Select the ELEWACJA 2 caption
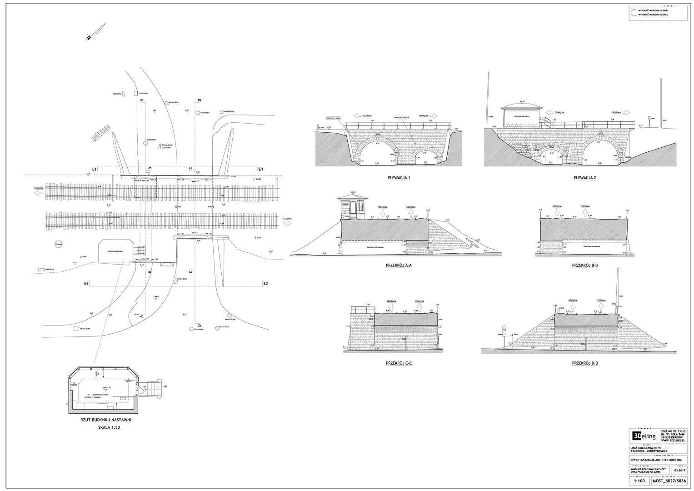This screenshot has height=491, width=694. pyautogui.click(x=584, y=178)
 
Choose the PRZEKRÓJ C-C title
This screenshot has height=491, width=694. pyautogui.click(x=399, y=363)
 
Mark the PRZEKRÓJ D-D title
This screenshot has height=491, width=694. pyautogui.click(x=585, y=363)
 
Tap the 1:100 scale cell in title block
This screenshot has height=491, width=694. pyautogui.click(x=639, y=481)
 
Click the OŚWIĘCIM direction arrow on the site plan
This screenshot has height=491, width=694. pyautogui.click(x=38, y=193)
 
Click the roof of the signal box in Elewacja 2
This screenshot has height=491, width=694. pyautogui.click(x=522, y=107)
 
